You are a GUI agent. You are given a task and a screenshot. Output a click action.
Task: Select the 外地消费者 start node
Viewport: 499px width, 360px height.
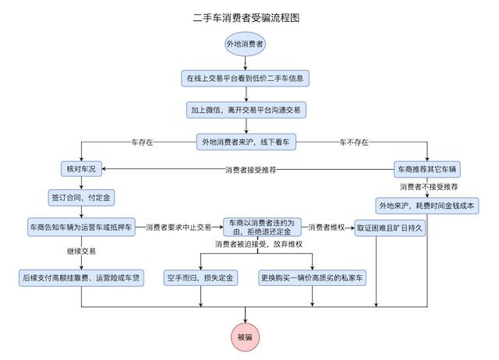[246, 44]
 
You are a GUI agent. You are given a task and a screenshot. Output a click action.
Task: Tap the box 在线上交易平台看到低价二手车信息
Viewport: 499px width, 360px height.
[246, 79]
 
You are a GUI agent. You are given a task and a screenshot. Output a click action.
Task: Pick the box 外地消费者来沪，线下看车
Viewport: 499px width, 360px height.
[246, 143]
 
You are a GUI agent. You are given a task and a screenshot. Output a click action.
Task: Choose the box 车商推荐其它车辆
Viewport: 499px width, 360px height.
[427, 169]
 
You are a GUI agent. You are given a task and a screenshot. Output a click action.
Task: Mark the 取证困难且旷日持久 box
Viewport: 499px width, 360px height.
[389, 228]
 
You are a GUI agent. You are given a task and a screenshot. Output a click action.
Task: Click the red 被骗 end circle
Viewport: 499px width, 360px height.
[246, 337]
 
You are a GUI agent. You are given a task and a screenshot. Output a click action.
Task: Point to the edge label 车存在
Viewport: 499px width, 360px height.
[141, 143]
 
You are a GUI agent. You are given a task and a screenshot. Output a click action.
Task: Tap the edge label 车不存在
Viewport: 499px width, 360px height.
[352, 143]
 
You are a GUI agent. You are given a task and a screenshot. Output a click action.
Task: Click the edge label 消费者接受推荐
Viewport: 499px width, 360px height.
[251, 169]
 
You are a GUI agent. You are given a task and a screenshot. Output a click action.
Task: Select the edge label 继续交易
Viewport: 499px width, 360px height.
[82, 251]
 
